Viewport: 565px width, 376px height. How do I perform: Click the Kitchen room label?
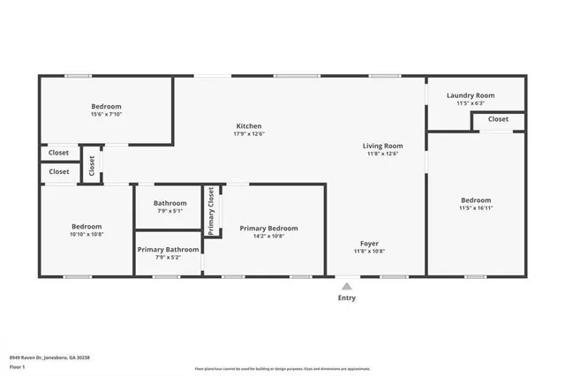coord(248,126)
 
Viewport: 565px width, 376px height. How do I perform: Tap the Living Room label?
coord(382,146)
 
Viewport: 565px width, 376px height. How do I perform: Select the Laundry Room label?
coord(470,95)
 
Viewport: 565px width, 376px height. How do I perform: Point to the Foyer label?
coord(369,243)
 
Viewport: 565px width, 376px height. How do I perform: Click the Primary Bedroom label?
coord(268,229)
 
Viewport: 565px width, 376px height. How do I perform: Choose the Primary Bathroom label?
coord(168,250)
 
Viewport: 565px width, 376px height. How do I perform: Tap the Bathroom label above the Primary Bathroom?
coord(169,203)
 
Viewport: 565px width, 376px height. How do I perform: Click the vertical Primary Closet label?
coord(212,211)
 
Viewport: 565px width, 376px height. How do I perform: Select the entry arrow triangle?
coord(347,286)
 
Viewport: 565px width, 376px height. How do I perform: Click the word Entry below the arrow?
coord(347,298)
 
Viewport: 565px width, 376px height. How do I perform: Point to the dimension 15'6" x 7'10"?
coord(106,114)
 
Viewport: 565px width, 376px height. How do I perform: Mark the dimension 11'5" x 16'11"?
coord(475,208)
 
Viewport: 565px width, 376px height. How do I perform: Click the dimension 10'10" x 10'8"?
coord(87,234)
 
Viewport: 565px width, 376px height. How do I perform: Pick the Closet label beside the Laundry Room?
coord(498,119)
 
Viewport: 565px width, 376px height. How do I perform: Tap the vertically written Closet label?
coord(92,165)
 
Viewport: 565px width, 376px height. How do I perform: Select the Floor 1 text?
coord(17,366)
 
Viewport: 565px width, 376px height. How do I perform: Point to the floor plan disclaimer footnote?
coord(282,369)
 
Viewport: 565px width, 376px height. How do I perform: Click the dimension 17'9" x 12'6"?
coord(248,134)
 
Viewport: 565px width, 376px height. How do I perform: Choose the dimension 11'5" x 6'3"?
coord(470,103)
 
